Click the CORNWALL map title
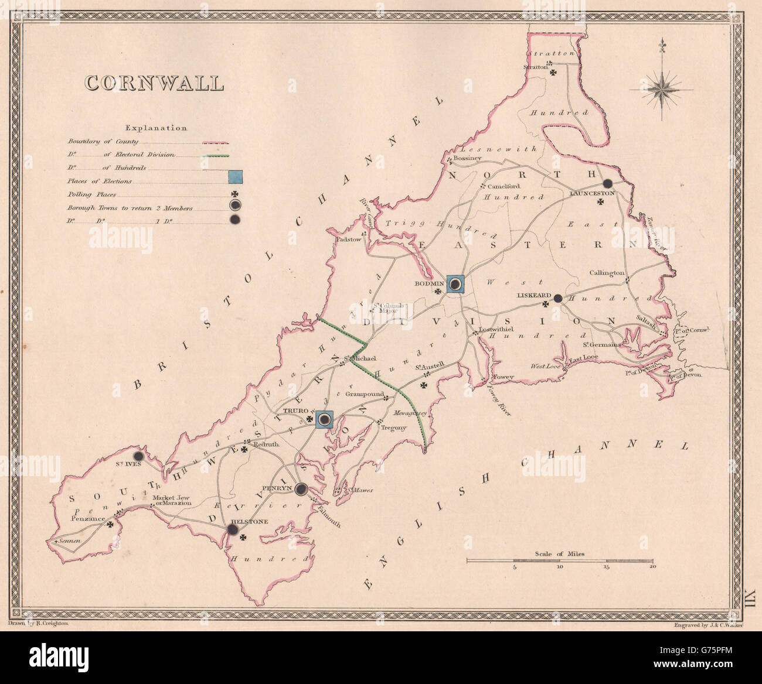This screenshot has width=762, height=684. pos(155,83)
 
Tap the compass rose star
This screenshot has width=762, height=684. pos(661,89)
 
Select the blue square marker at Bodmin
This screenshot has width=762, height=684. pos(455,284)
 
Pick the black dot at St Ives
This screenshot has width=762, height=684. pos(139,456)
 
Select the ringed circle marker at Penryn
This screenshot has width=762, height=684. pos(301,489)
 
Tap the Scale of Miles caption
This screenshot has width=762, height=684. pos(559,553)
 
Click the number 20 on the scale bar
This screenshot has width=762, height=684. pos(652,567)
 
